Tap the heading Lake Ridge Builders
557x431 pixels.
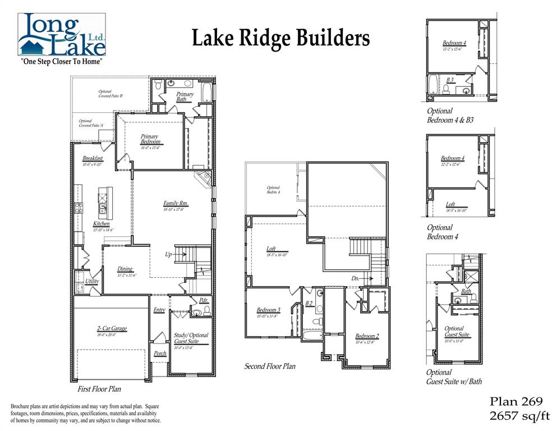pos(280,39)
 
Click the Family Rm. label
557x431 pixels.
pos(176,204)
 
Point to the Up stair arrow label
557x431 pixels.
pos(168,254)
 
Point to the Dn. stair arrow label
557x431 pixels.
pos(356,278)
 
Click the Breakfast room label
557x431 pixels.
pos(93,159)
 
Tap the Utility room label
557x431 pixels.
pos(92,281)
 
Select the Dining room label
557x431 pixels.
pos(125,269)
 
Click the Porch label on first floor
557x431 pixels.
pos(160,354)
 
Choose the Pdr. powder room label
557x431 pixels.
pos(204,300)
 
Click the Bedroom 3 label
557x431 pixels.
pos(268,310)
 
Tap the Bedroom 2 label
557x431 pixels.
pos(367,336)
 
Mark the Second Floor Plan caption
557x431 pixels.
pos(269,366)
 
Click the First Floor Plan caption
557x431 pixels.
pos(99,388)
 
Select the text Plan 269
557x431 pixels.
pos(516,401)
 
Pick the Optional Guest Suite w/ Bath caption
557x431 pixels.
pos(453,377)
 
